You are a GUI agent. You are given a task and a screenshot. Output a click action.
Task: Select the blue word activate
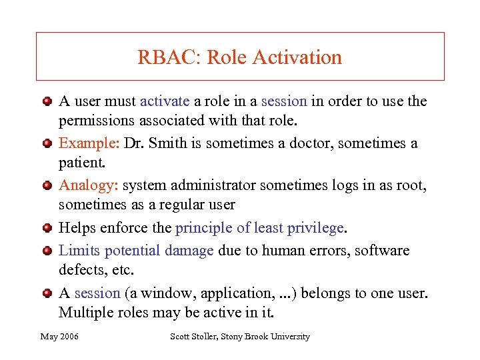pyautogui.click(x=165, y=101)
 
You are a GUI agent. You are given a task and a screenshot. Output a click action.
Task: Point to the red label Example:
pyautogui.click(x=80, y=144)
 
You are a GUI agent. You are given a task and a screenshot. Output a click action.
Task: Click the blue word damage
pyautogui.click(x=189, y=251)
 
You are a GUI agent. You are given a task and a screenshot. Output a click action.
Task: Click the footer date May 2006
pyautogui.click(x=59, y=337)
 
